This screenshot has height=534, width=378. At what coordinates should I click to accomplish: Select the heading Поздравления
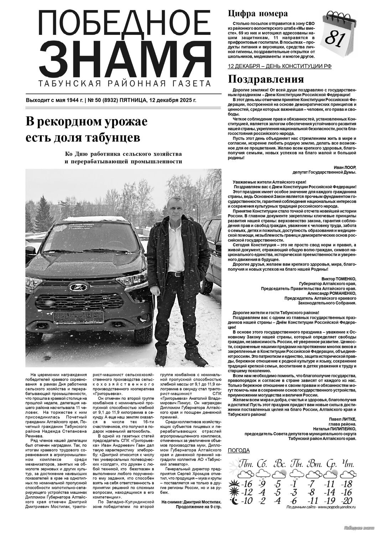266,79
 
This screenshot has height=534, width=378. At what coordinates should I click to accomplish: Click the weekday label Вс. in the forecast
279,464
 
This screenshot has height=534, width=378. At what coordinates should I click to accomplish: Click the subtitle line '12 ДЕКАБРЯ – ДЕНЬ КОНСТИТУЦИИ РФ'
279,67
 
